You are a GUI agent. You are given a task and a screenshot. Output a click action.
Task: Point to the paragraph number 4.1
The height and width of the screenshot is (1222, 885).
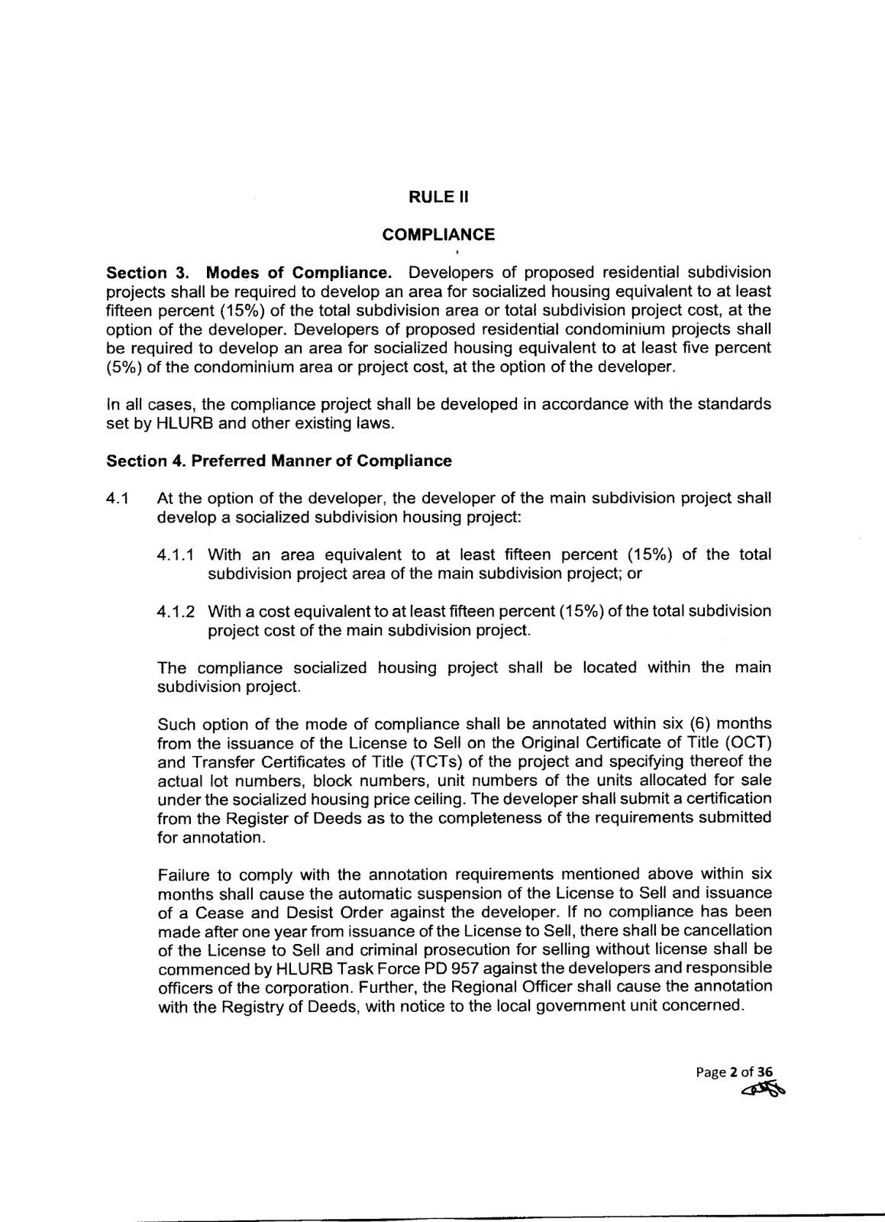117,499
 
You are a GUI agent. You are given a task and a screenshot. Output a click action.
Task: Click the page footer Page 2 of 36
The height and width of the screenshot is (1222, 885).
729,1072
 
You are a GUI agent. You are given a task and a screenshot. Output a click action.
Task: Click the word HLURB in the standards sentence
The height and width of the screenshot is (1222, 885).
180,423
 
